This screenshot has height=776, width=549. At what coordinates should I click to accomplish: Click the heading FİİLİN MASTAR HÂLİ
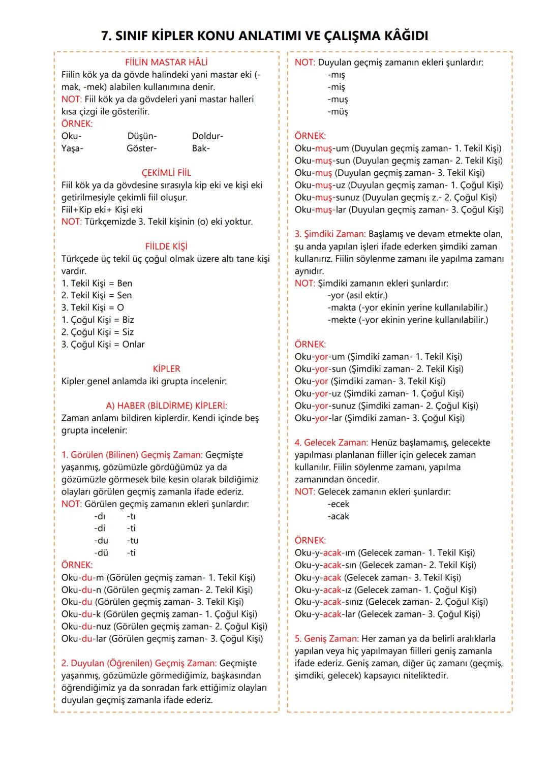[166, 63]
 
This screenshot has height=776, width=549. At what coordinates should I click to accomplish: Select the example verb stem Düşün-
[142, 136]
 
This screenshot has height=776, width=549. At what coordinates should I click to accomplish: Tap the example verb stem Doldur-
[207, 136]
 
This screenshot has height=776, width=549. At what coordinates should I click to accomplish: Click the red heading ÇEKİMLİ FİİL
[166, 173]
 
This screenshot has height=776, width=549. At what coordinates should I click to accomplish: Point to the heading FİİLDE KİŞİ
[166, 246]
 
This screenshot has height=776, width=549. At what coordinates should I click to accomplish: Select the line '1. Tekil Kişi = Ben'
[97, 283]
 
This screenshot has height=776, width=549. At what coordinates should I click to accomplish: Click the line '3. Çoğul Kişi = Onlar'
[103, 345]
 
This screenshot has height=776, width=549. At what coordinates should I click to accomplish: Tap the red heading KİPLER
[166, 369]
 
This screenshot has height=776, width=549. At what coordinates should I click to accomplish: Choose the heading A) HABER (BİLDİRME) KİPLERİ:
[166, 406]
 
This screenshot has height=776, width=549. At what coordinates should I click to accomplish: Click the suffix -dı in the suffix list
[100, 516]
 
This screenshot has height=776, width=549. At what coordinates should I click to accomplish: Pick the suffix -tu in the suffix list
[133, 541]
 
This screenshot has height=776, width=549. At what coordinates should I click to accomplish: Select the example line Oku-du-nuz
[164, 627]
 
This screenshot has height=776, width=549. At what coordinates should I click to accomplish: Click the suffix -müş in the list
[338, 112]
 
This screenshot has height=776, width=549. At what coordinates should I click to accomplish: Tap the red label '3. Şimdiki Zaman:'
[330, 234]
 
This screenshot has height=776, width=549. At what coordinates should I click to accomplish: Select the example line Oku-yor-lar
[379, 418]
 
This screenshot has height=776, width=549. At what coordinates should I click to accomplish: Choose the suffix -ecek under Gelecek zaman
[339, 504]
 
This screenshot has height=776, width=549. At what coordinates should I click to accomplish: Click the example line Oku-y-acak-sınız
[391, 602]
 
